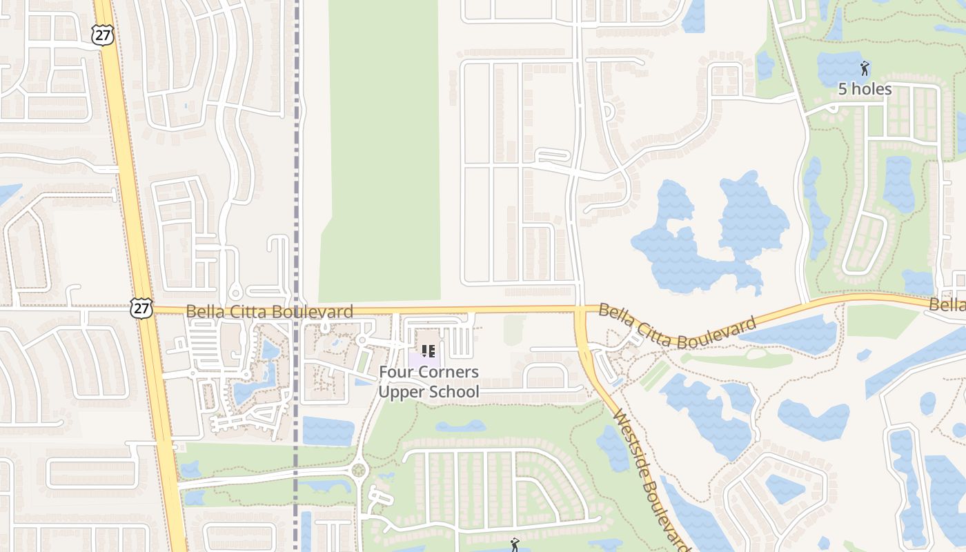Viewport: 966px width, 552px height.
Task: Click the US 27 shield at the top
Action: tap(103, 36)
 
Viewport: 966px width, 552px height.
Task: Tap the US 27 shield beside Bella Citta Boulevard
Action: tap(141, 308)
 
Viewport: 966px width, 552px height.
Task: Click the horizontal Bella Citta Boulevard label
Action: tap(269, 311)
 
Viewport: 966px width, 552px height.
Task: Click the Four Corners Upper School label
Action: tap(428, 382)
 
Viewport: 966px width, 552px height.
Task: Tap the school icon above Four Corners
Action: tap(428, 351)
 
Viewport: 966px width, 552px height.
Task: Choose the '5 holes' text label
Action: tap(865, 89)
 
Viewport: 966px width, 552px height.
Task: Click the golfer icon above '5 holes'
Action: tap(865, 68)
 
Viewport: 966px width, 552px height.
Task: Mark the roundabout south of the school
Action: tap(358, 471)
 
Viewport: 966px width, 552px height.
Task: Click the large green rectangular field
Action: tap(383, 152)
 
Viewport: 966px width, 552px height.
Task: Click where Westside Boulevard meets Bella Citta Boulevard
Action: tap(580, 311)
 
